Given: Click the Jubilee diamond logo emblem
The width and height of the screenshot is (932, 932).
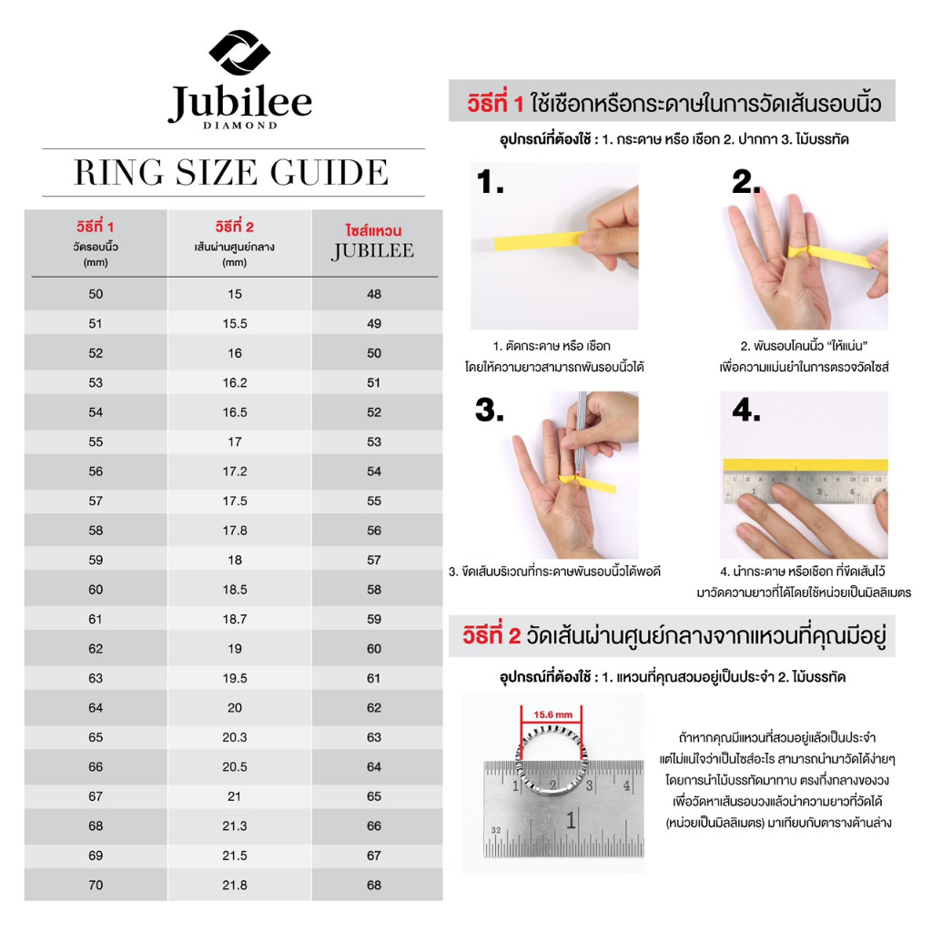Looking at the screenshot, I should click(x=239, y=55).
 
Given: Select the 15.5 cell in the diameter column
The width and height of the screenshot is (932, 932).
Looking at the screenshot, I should click(x=234, y=323).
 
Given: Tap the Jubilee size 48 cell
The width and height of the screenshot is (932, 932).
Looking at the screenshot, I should click(x=373, y=294).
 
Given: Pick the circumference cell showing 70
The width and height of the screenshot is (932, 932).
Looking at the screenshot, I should click(x=96, y=884).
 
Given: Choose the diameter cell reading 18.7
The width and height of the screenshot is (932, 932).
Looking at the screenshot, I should click(x=234, y=619).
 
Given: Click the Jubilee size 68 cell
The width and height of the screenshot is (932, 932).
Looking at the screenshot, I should click(x=373, y=884).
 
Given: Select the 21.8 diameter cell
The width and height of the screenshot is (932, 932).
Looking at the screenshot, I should click(x=234, y=884).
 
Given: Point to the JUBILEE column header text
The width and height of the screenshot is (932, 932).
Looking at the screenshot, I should click(x=373, y=250).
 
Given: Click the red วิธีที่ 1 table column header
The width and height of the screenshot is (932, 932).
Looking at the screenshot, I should click(x=96, y=225).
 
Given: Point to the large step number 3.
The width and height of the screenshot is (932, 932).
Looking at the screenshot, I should click(x=490, y=412).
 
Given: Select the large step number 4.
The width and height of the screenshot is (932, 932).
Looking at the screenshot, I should click(x=746, y=410).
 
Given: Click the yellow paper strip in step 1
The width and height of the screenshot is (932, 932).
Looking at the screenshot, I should click(x=537, y=240).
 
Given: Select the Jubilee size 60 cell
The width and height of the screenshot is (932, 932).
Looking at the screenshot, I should click(x=373, y=648).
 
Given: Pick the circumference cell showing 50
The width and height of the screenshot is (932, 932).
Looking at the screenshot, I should click(x=96, y=294).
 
